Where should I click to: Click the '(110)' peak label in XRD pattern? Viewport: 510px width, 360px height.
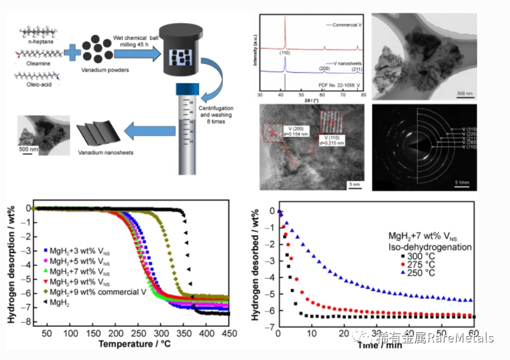coord(284,53)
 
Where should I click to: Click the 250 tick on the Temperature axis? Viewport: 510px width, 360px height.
coord(137,334)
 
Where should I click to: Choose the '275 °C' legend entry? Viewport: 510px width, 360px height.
coord(427,265)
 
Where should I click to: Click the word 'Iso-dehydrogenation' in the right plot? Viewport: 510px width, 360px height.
coord(437,248)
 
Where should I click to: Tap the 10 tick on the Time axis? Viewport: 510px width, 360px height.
coord(312,334)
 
